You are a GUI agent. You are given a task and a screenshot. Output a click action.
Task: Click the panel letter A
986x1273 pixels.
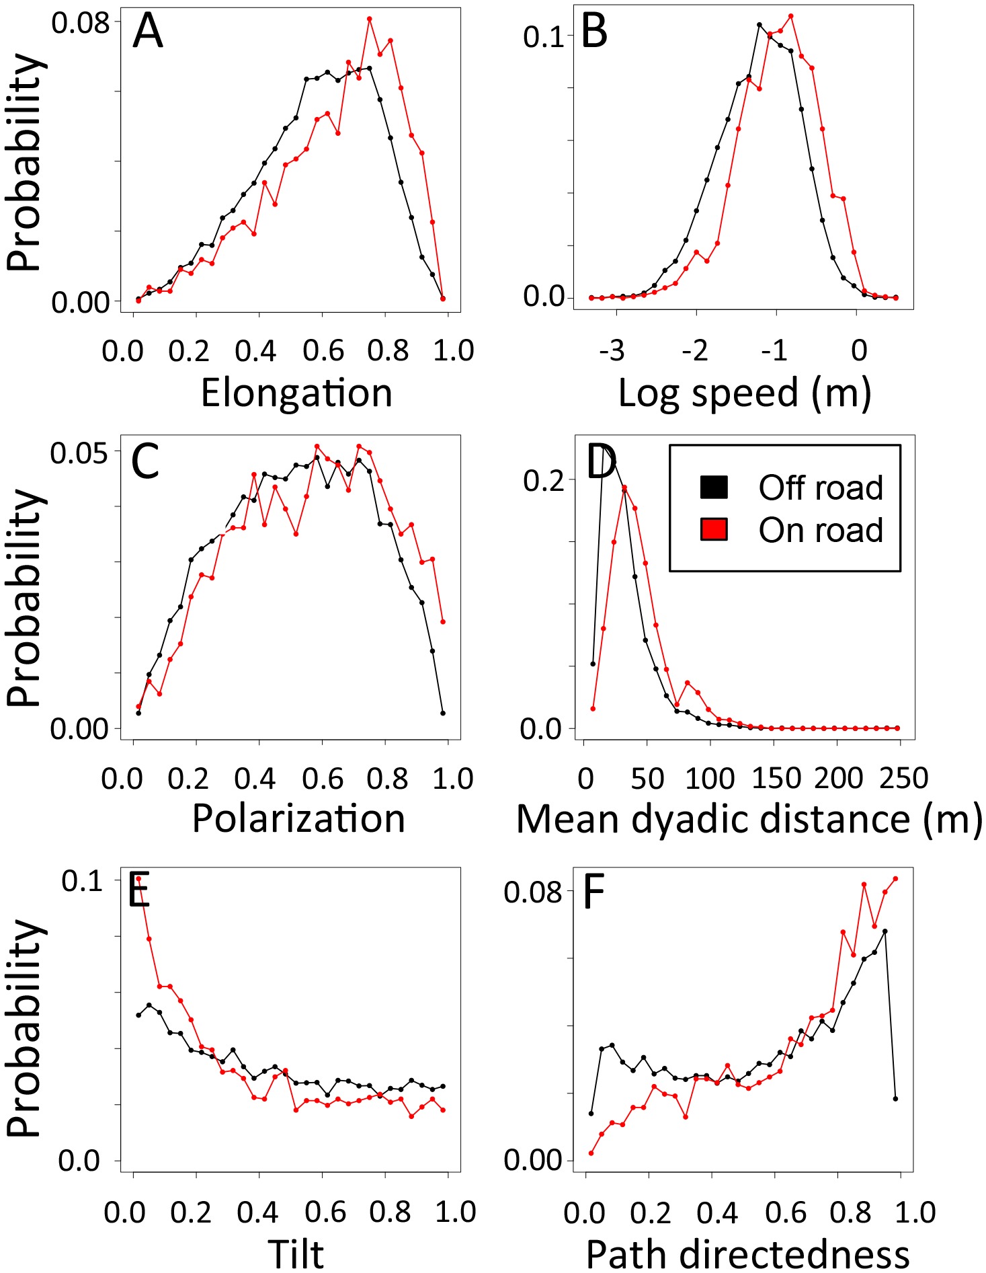click(148, 32)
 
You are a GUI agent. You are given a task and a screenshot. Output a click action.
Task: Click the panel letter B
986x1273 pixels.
click(595, 32)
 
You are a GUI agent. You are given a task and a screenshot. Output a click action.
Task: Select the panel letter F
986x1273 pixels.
click(594, 893)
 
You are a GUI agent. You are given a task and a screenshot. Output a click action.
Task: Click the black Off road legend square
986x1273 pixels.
click(714, 486)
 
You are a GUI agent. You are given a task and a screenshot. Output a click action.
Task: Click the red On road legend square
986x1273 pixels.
click(714, 529)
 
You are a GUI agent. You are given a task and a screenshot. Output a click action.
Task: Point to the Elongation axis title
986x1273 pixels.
click(296, 393)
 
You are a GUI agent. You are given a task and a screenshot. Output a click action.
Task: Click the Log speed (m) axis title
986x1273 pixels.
click(744, 393)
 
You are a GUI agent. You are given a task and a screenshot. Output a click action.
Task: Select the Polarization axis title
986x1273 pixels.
click(298, 818)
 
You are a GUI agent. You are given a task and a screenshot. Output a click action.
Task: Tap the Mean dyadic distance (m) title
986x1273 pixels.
click(749, 818)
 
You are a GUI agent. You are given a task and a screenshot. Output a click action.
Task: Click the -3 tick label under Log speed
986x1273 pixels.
click(612, 350)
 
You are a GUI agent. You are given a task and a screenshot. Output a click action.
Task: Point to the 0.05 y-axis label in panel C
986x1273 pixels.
click(79, 453)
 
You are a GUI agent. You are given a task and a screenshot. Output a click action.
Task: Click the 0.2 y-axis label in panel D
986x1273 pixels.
click(545, 481)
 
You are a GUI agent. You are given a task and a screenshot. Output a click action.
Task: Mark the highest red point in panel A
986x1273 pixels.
click(369, 19)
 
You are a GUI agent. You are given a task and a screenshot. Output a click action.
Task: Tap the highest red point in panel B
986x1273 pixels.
click(791, 16)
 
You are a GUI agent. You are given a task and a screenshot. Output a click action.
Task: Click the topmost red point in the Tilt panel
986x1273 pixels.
click(138, 878)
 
